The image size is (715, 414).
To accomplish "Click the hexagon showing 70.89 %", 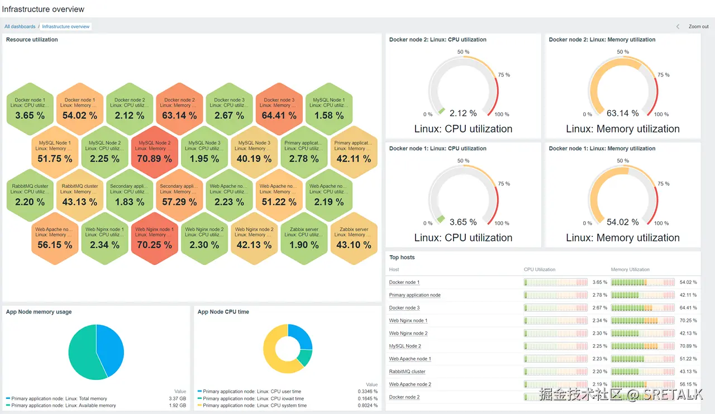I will [x=154, y=152].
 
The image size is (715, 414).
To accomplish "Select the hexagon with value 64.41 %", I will [x=279, y=109].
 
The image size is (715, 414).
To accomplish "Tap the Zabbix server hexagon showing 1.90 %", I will [x=304, y=239].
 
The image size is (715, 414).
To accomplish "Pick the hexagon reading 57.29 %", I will [x=179, y=196].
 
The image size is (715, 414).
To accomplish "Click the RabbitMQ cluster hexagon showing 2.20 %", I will [x=30, y=196].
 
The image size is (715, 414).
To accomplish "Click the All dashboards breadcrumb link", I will [x=20, y=26].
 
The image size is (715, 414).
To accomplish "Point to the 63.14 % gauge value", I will [x=622, y=113].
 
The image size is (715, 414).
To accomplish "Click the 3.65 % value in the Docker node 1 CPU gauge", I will [x=463, y=222].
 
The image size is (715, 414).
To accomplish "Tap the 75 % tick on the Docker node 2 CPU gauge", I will [x=504, y=75].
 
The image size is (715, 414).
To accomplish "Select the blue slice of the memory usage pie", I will [x=111, y=349].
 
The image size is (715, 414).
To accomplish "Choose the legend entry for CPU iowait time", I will [x=254, y=398].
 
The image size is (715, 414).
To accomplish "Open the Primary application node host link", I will [x=414, y=295].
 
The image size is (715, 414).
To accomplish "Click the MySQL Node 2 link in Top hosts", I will [x=405, y=346].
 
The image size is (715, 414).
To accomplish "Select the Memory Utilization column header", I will [x=630, y=269].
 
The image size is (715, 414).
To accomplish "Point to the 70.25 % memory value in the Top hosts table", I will [x=688, y=321].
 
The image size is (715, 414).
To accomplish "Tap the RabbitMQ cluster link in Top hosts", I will [x=407, y=372].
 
